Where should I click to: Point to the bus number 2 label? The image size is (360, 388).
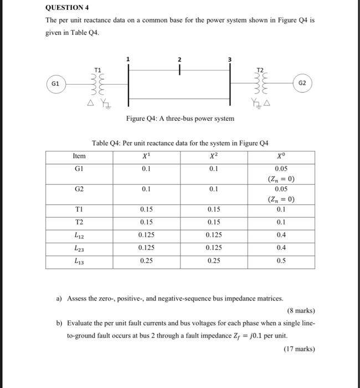click(x=179, y=59)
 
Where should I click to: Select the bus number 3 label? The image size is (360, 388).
click(x=230, y=59)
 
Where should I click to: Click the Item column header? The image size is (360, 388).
click(x=79, y=156)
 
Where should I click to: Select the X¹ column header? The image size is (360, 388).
click(x=146, y=156)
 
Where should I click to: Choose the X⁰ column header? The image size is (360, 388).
click(x=281, y=156)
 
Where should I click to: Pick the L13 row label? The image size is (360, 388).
click(x=79, y=261)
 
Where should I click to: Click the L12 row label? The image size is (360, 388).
click(x=79, y=236)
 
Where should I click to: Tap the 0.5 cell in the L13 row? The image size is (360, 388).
click(x=281, y=261)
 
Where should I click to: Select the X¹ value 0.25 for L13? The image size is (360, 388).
click(x=146, y=261)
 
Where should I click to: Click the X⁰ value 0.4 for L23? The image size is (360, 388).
click(x=281, y=248)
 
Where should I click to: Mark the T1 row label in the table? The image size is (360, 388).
click(x=79, y=210)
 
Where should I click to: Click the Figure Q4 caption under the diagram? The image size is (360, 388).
click(x=180, y=118)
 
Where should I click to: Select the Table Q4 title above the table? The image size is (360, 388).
click(x=180, y=142)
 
